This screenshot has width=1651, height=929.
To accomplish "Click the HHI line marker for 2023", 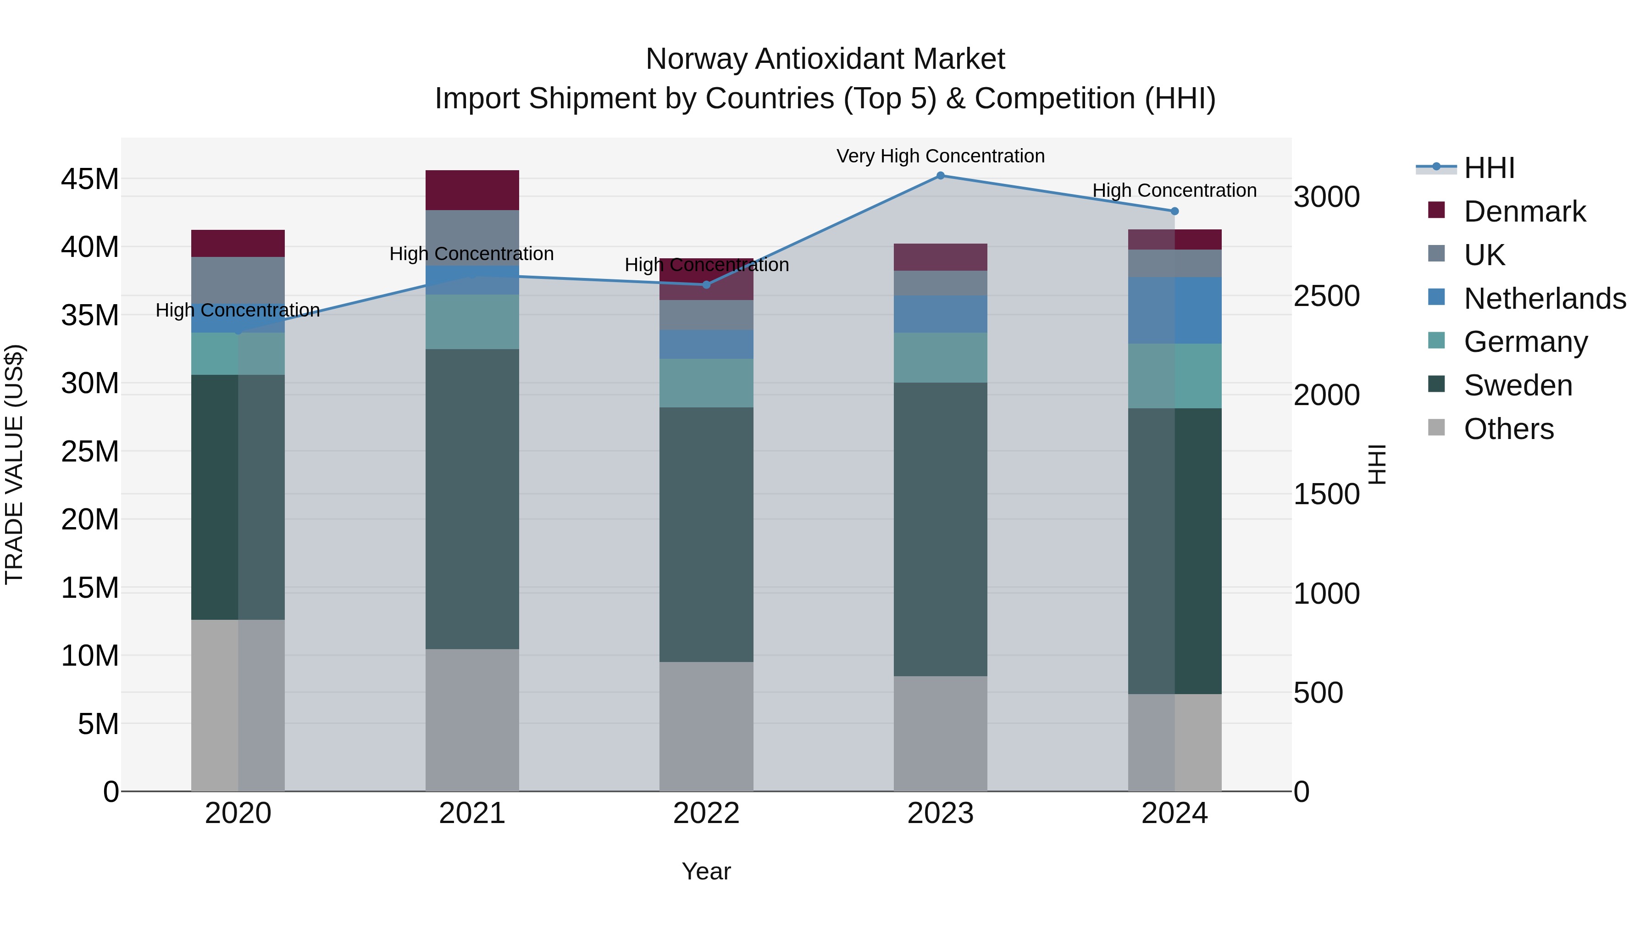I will click(x=940, y=175).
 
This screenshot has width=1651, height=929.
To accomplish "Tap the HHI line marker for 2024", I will click(x=1174, y=211).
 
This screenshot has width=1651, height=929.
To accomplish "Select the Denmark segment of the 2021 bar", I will click(x=472, y=190).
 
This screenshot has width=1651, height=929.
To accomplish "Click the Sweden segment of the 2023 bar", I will click(x=940, y=529).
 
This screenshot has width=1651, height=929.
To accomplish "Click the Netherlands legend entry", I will click(x=1545, y=299).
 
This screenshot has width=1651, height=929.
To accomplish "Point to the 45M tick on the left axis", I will click(x=90, y=179).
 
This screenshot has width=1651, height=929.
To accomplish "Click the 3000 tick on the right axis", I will click(x=1326, y=197).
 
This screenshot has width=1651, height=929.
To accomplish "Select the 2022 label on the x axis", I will click(x=706, y=813).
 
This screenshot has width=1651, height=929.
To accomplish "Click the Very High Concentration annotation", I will click(x=940, y=156).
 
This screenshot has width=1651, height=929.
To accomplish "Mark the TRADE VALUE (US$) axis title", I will click(x=14, y=464).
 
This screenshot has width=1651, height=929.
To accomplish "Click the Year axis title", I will click(x=706, y=871).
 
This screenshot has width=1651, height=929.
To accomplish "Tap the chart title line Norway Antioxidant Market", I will click(x=825, y=59).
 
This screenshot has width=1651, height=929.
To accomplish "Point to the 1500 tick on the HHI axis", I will click(x=1326, y=494).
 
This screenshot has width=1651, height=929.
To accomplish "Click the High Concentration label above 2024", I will click(x=1174, y=190).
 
